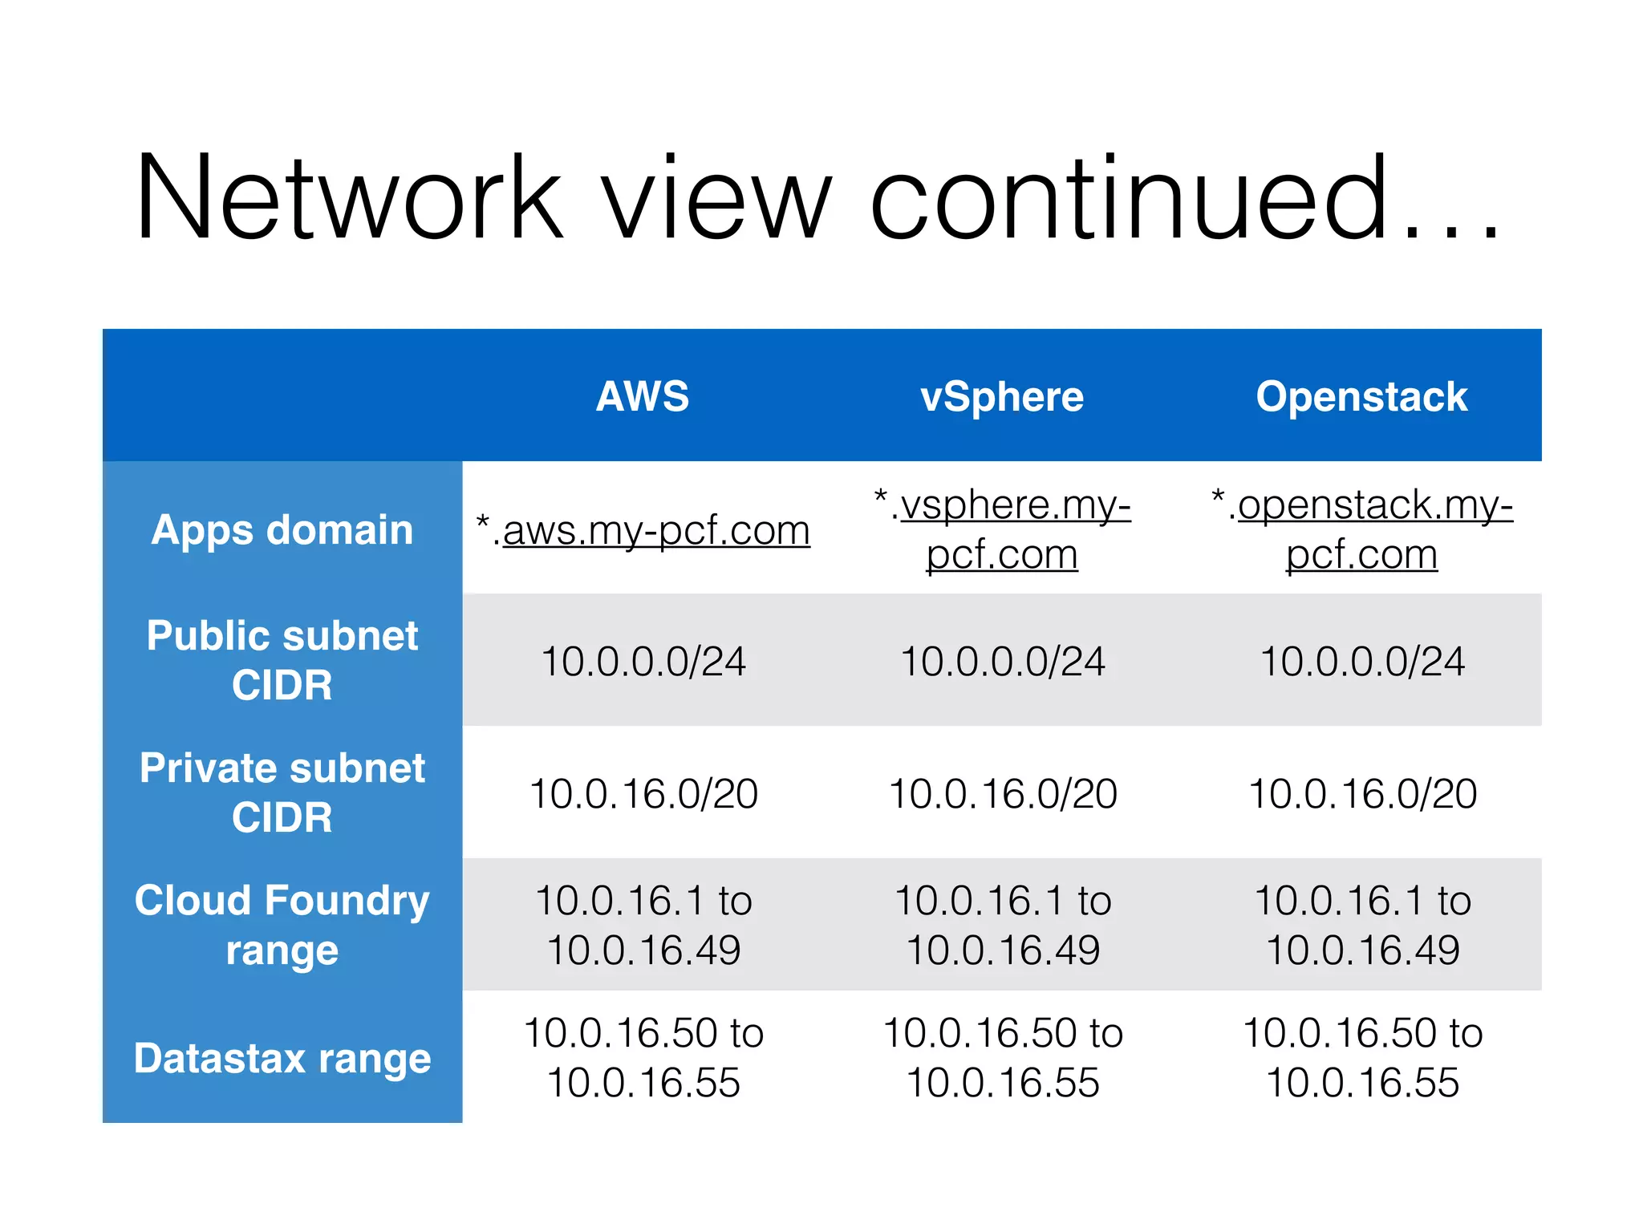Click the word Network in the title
coord(349,199)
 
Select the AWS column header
coord(643,396)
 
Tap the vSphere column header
coord(1002,397)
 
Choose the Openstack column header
coord(1361,396)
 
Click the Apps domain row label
coord(282,530)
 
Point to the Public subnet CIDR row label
coord(282,660)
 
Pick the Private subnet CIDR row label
coord(282,792)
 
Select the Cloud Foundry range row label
coord(282,925)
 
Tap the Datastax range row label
coord(282,1058)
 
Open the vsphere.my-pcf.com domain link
coord(1003,529)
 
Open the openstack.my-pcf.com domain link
coord(1362,529)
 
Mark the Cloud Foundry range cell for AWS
coord(643,925)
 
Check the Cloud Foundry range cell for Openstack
coord(1362,925)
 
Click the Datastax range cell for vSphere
coord(1003,1057)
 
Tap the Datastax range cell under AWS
coord(643,1057)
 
